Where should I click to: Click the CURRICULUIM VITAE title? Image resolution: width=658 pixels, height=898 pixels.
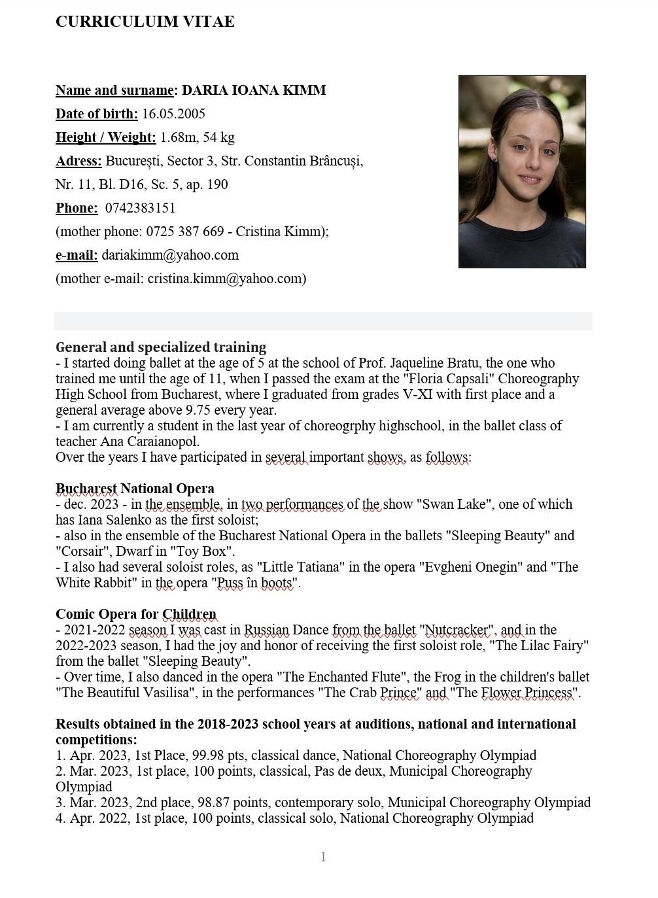(145, 22)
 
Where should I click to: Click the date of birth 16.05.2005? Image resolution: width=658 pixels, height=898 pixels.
(173, 114)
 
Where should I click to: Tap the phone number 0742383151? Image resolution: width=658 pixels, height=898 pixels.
(140, 208)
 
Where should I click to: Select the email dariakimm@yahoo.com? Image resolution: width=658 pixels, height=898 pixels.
(170, 255)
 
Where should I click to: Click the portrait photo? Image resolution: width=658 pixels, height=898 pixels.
(521, 171)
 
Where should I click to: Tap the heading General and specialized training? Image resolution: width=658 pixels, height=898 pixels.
(161, 347)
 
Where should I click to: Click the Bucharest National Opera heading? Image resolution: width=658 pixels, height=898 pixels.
(135, 489)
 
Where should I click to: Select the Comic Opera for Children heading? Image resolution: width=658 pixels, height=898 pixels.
(135, 614)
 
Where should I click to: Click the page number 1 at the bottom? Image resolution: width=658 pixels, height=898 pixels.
(323, 857)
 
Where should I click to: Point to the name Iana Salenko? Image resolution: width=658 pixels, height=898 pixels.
(116, 520)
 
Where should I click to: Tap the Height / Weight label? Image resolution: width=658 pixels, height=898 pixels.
(105, 137)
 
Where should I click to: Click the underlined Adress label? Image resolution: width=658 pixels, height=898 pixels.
(78, 161)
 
